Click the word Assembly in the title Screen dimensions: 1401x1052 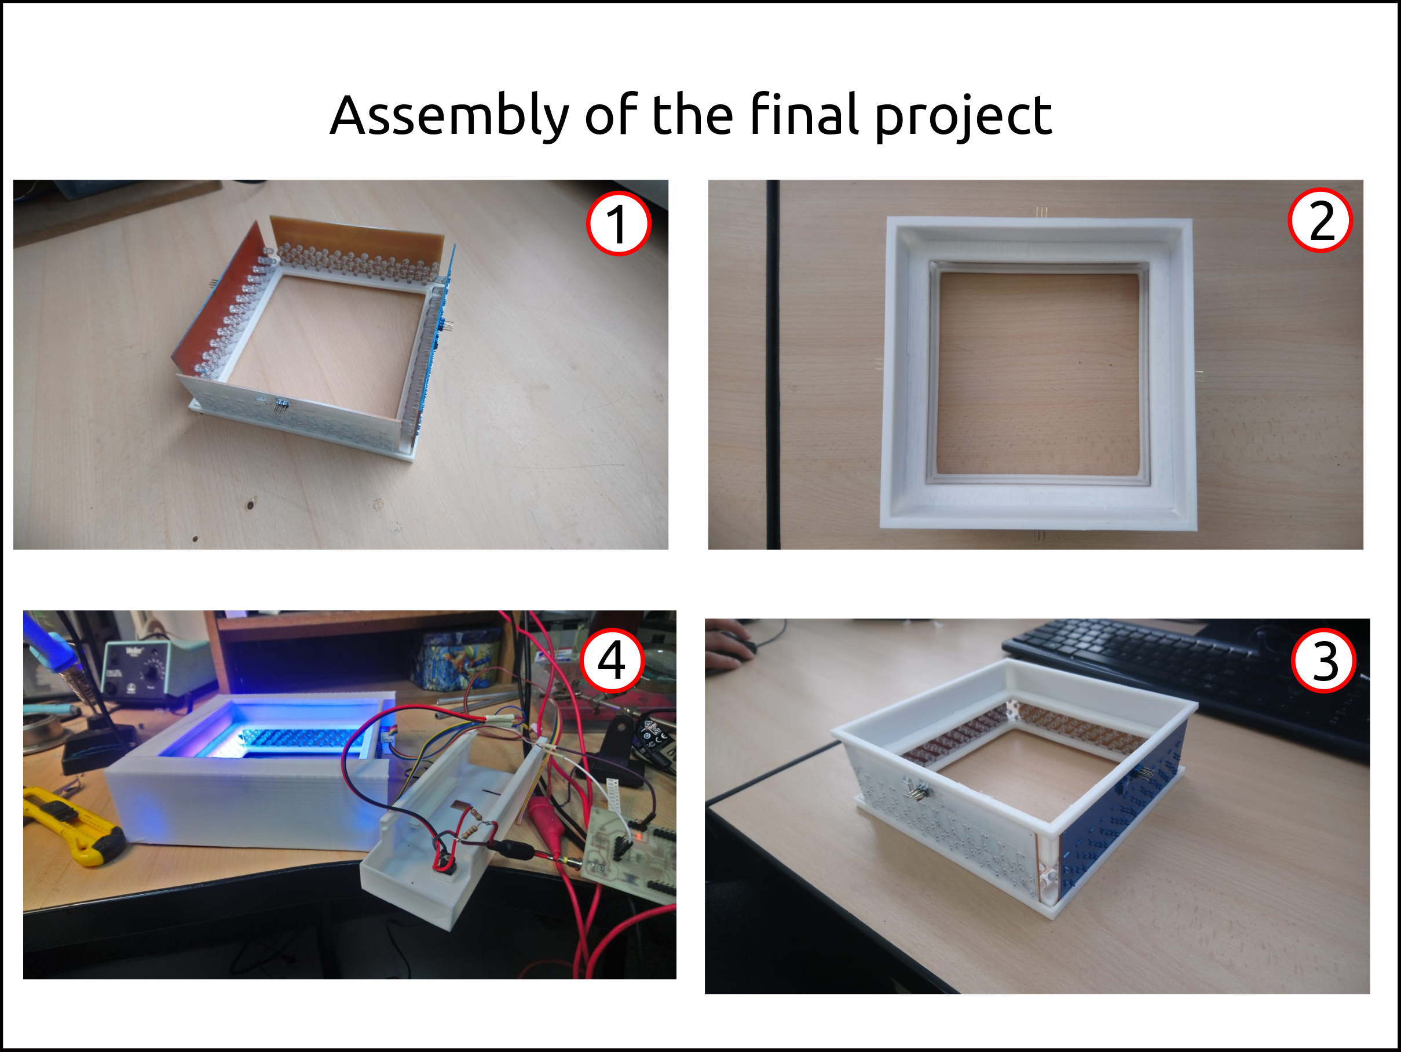449,117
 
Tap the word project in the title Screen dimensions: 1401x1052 963,117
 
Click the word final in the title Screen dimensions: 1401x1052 804,114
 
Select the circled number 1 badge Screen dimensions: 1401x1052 618,224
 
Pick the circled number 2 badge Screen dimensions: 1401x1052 1320,220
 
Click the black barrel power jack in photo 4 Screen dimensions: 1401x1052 513,849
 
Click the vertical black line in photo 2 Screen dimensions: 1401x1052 773,365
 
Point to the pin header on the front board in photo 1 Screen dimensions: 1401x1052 280,406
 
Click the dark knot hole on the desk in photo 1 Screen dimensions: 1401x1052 250,504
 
